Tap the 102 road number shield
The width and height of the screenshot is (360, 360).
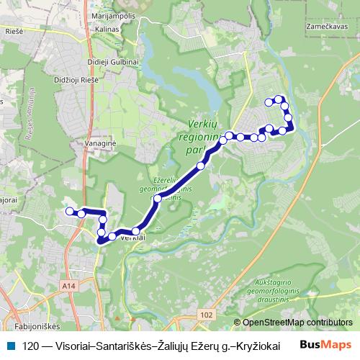207,315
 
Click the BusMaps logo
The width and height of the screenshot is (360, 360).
326,345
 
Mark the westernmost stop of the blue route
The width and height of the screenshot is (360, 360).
70,211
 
